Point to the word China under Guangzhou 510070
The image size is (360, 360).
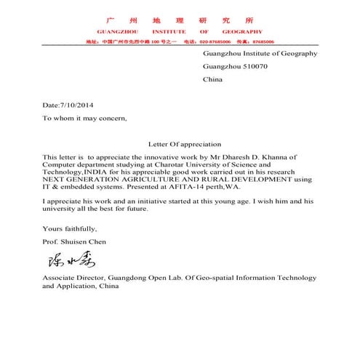coord(212,79)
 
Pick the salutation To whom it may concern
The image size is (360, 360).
coord(84,118)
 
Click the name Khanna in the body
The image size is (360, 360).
coord(279,157)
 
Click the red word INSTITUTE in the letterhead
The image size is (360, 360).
coord(169,32)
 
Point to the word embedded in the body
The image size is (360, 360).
coord(79,186)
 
